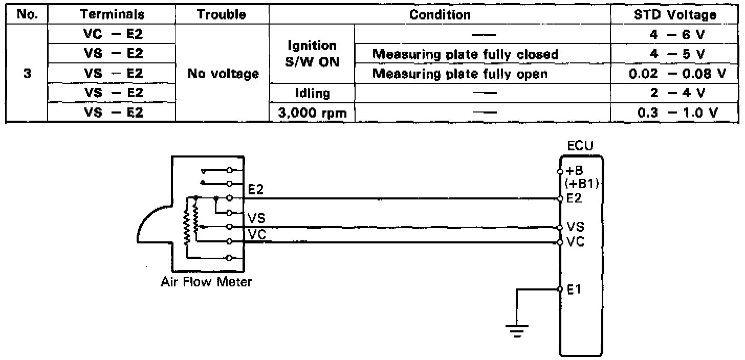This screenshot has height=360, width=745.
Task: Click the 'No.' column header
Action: (26, 15)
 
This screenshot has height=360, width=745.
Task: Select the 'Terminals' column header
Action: (111, 15)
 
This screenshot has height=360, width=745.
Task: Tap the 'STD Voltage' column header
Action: (674, 15)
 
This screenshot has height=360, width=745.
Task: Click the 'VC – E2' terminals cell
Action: (111, 34)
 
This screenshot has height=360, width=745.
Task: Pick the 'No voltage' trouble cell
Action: (223, 74)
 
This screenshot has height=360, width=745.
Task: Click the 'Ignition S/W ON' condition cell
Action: (312, 54)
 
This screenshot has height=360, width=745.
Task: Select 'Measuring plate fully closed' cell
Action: (465, 54)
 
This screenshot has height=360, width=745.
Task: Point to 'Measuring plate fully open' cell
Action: (459, 74)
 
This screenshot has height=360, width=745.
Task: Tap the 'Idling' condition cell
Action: (312, 94)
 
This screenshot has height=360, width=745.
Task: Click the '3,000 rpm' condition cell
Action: (312, 113)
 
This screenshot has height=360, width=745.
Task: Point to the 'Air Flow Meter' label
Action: (207, 282)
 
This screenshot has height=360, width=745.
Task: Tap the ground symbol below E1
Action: (517, 331)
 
